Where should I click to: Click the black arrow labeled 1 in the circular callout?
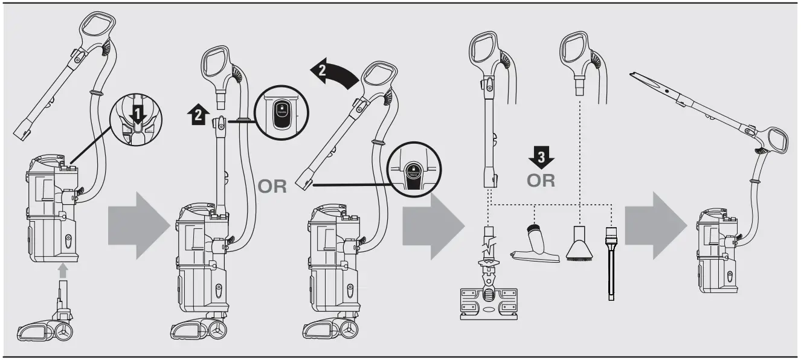click(x=139, y=114)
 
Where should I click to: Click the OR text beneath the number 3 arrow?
click(x=541, y=181)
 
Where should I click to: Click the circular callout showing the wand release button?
click(x=281, y=112)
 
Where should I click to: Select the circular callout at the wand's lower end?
click(x=414, y=171)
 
